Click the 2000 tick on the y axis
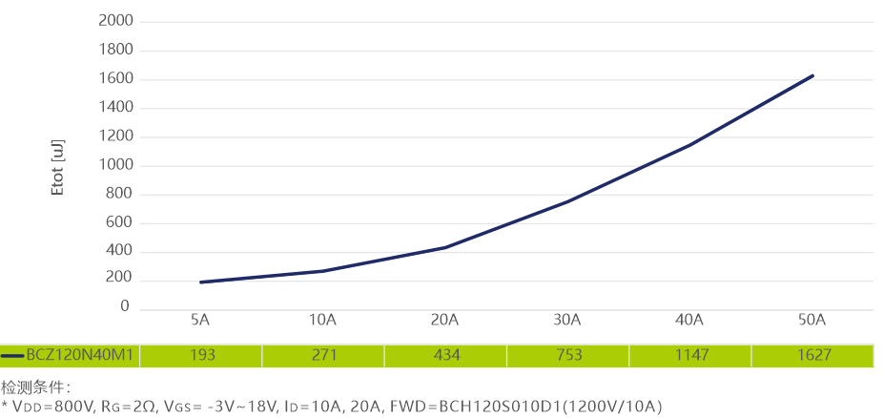[x=114, y=21]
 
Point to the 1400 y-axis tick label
[x=114, y=108]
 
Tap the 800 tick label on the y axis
[x=118, y=195]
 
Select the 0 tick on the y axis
[x=124, y=306]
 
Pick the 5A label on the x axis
[x=200, y=319]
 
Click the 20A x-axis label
[x=445, y=319]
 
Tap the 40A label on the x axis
[x=690, y=319]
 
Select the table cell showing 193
[x=201, y=355]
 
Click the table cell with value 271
[x=323, y=355]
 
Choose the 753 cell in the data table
[x=568, y=355]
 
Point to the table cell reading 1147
[x=690, y=355]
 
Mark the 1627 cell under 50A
[x=812, y=355]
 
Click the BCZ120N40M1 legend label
[x=82, y=355]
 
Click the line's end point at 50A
[x=812, y=74]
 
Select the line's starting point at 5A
[x=201, y=282]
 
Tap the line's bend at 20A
[x=445, y=247]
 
